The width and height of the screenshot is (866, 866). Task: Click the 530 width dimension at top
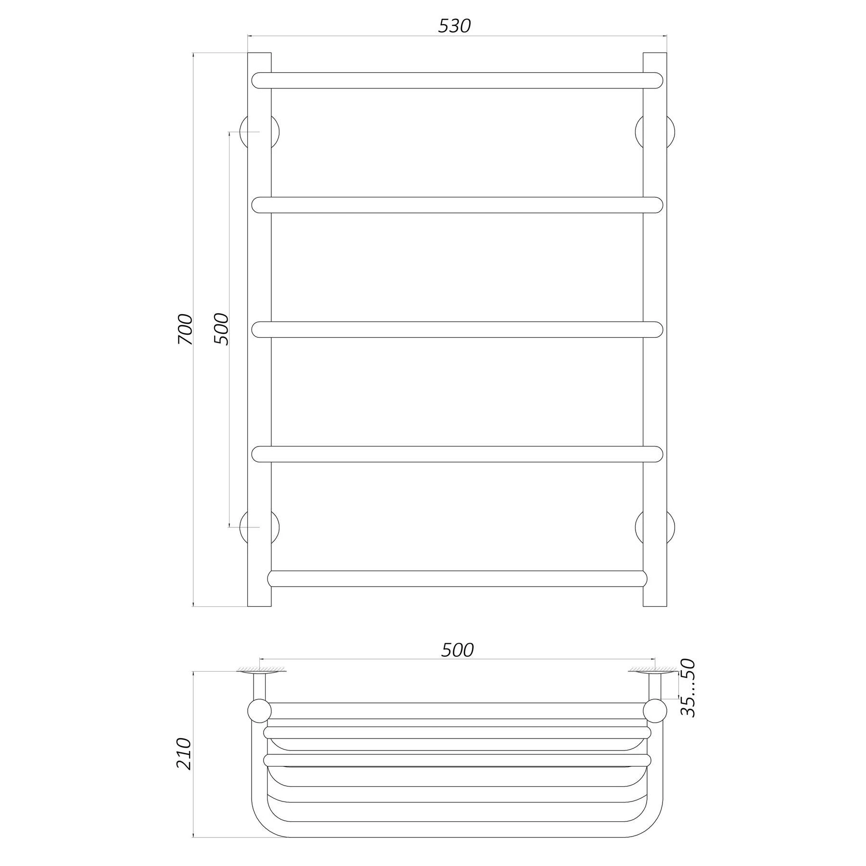coord(454,26)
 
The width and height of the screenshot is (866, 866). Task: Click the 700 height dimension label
coord(185,329)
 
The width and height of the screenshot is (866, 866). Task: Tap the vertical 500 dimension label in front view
coord(221,329)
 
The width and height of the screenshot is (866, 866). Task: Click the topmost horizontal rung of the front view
coord(457,80)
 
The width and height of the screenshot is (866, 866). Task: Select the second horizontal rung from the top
coord(457,205)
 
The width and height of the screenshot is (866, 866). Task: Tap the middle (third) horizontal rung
coord(457,330)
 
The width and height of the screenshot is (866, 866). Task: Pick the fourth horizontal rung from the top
coord(457,454)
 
